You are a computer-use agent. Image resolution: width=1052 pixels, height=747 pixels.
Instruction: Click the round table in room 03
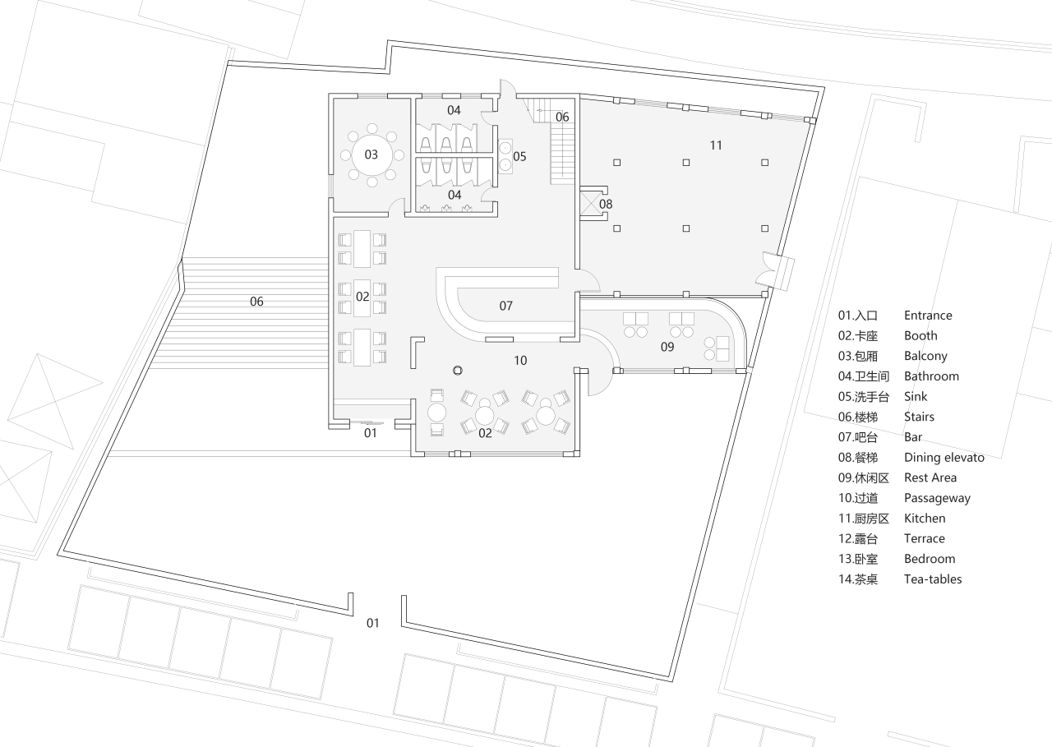371,154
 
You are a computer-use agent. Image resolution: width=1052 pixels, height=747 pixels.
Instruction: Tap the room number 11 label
716,145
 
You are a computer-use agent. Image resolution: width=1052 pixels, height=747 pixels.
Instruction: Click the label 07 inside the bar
506,306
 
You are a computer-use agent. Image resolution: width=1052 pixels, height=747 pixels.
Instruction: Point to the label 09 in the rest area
667,348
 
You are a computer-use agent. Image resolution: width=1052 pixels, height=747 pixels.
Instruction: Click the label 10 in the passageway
520,360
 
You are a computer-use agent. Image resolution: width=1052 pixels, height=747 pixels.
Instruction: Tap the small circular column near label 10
458,371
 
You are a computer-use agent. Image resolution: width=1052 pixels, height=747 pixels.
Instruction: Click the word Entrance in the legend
928,316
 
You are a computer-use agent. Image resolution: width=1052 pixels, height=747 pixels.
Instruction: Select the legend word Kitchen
925,519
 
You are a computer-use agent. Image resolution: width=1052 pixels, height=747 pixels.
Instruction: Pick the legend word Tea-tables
933,579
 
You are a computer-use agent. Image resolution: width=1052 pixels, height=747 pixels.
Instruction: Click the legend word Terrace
925,539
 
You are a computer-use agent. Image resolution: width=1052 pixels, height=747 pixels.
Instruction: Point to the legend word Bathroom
931,376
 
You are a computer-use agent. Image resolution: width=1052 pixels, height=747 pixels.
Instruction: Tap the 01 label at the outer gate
373,623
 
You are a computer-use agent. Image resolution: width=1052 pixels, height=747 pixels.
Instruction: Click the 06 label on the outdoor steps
256,302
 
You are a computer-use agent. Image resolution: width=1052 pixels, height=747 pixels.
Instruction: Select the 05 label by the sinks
519,156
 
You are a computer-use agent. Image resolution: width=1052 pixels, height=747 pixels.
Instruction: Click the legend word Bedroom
930,559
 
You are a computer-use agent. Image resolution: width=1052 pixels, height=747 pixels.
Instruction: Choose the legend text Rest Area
930,477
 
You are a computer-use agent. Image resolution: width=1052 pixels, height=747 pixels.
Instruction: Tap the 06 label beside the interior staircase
562,118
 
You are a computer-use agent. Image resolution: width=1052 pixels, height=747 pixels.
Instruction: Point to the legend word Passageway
937,498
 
